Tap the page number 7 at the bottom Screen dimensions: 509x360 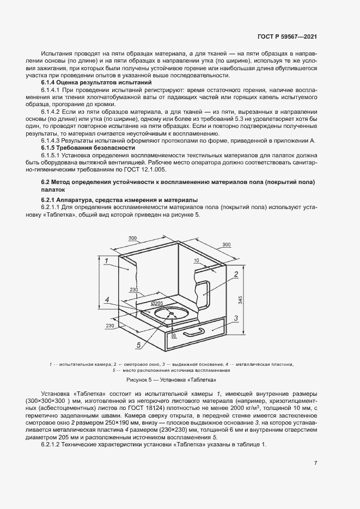point(316,463)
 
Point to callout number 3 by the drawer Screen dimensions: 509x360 point(236,317)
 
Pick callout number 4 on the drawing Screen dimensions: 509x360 point(108,300)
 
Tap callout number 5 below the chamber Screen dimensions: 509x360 point(139,345)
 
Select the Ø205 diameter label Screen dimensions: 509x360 point(157,303)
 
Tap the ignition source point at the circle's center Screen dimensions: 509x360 point(171,314)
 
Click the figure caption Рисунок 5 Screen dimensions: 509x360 point(172,379)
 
